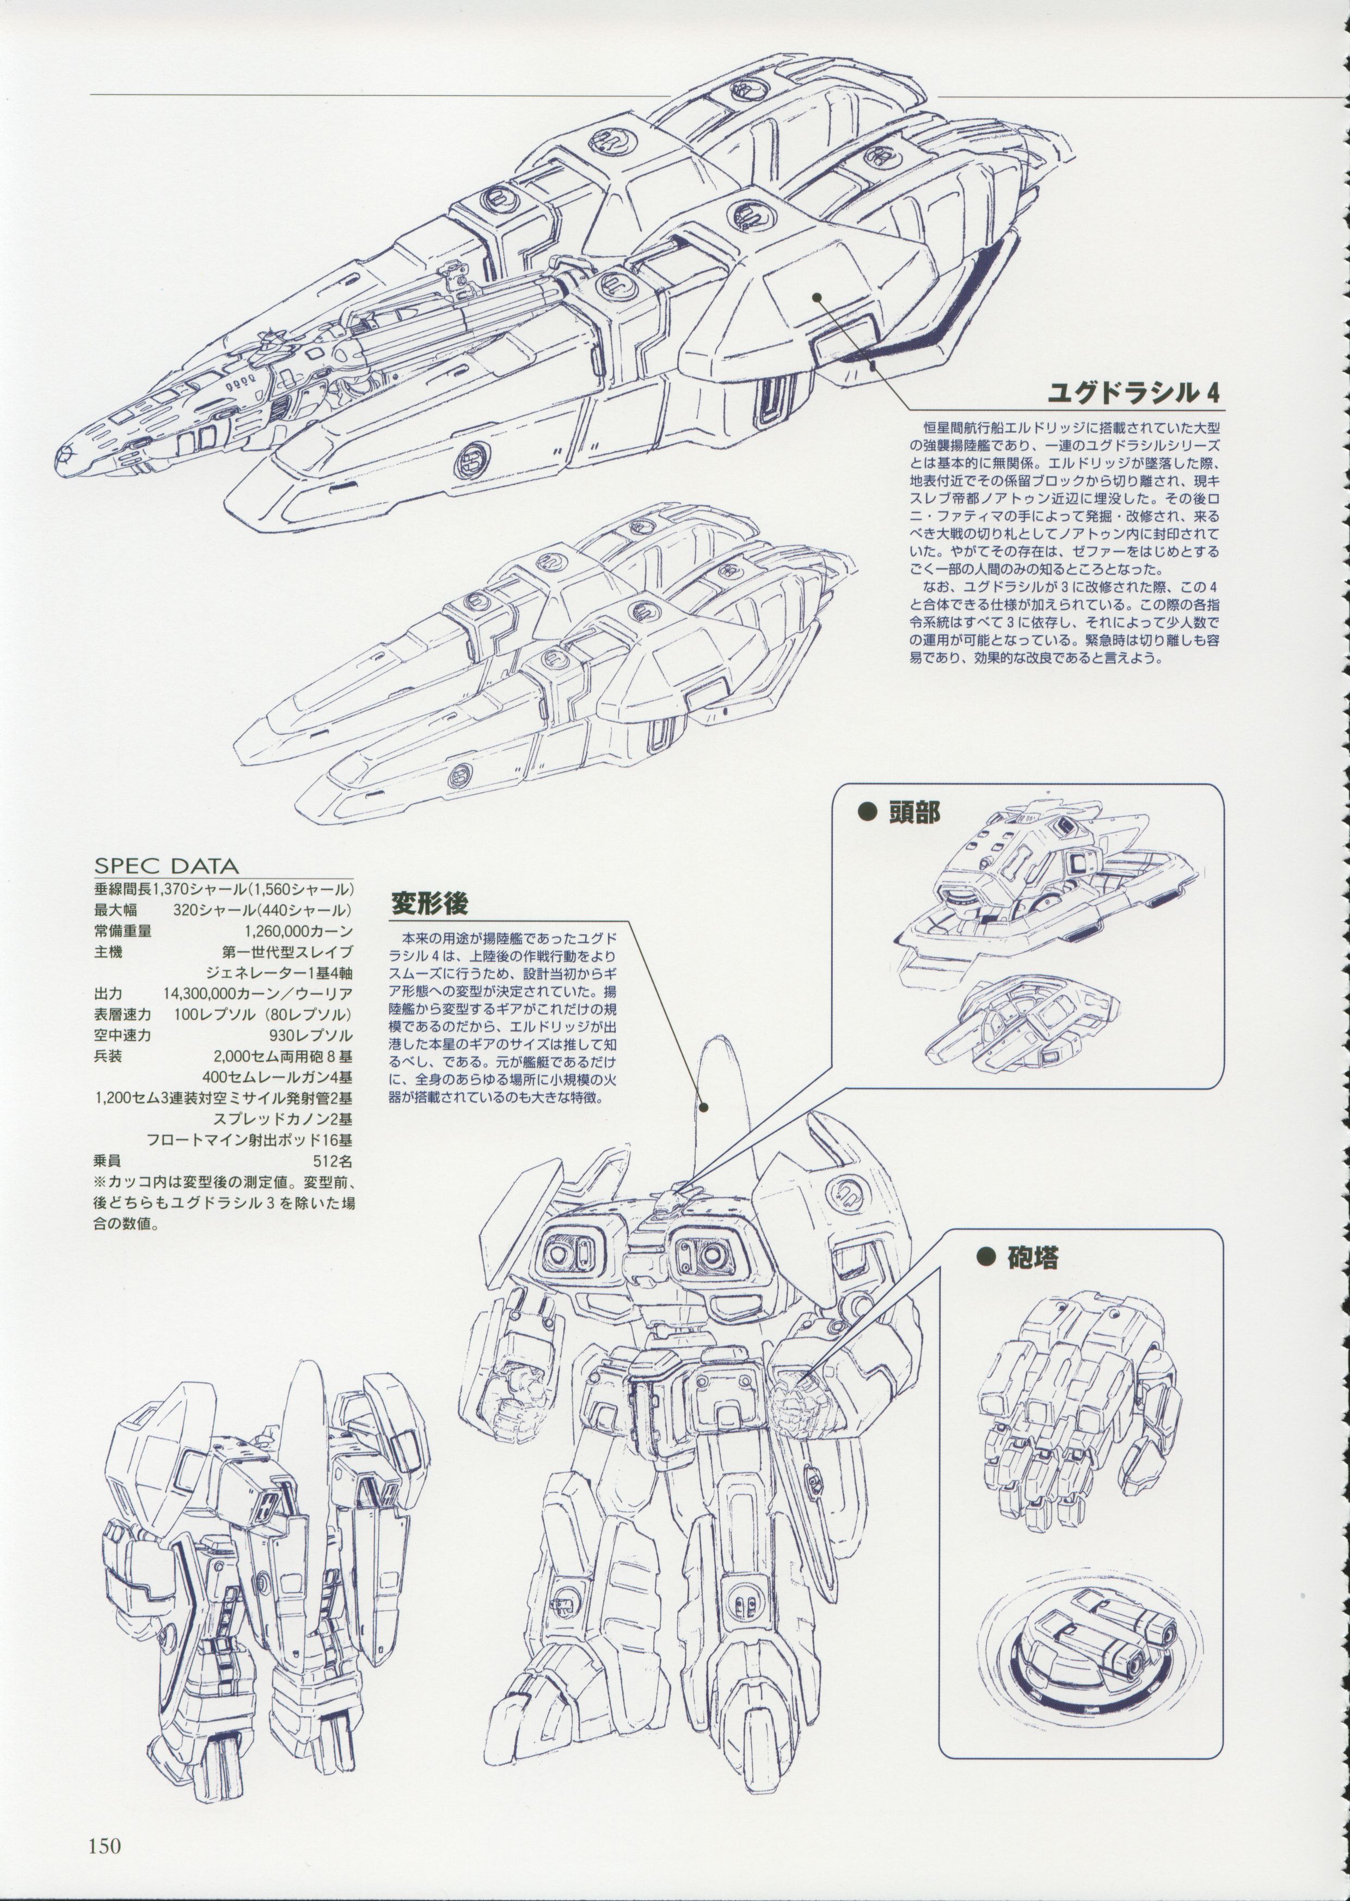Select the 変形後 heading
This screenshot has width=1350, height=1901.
click(x=431, y=901)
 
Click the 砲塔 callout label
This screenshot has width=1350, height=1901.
click(x=1031, y=1257)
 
